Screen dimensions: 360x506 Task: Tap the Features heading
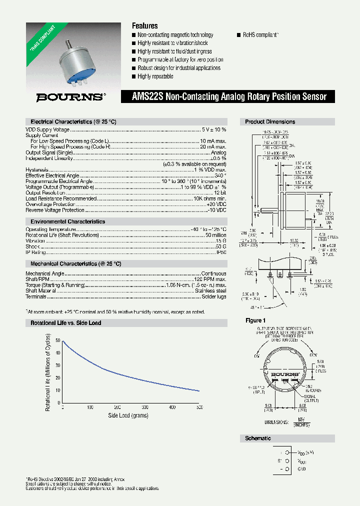[144, 25]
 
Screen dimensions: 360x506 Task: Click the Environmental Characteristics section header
[67, 221]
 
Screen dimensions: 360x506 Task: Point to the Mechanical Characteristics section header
[75, 263]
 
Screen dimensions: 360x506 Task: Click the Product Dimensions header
[270, 121]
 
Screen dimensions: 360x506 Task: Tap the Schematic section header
[258, 438]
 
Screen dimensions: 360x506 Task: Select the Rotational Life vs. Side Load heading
[65, 323]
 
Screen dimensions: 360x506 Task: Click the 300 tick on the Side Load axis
[144, 407]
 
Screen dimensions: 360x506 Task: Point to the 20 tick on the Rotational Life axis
[58, 377]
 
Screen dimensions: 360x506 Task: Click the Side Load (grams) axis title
[128, 415]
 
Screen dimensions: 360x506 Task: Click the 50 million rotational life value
[215, 235]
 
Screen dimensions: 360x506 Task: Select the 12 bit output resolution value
[220, 192]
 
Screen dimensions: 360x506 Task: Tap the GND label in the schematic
[301, 469]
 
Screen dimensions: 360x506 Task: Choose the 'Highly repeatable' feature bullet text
[155, 76]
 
